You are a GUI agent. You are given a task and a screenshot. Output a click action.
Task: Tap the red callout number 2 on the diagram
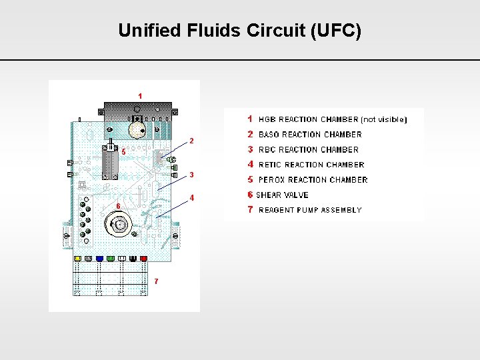pos(191,141)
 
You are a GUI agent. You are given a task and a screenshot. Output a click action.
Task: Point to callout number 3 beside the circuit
pos(191,175)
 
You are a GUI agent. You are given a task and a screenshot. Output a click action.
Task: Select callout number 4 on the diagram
pos(191,198)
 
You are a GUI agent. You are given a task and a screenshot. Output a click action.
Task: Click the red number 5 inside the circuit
pos(123,152)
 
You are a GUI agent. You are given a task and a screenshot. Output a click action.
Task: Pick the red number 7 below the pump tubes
pos(156,281)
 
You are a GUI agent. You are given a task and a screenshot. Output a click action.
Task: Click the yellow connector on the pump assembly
pos(77,258)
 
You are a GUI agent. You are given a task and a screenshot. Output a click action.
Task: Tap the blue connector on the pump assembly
pos(99,258)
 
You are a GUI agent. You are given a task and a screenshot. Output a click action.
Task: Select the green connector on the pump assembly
pos(111,258)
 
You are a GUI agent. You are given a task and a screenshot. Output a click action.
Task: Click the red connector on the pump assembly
pos(143,258)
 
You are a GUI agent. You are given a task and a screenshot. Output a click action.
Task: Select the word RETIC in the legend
pos(271,165)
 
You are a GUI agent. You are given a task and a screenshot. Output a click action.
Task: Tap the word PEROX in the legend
pos(273,180)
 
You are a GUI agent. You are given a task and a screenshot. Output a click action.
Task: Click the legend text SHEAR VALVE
pos(282,195)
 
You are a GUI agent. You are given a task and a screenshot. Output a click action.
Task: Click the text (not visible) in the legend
pos(383,120)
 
